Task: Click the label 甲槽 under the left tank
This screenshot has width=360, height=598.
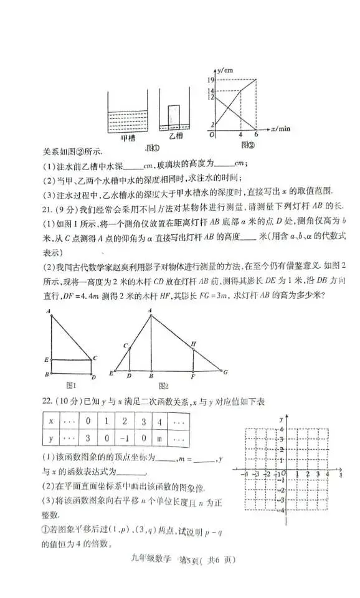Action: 127,138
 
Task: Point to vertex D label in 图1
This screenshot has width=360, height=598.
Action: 93,377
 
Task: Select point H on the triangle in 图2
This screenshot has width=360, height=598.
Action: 194,343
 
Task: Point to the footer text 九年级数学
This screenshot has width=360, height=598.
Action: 151,560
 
